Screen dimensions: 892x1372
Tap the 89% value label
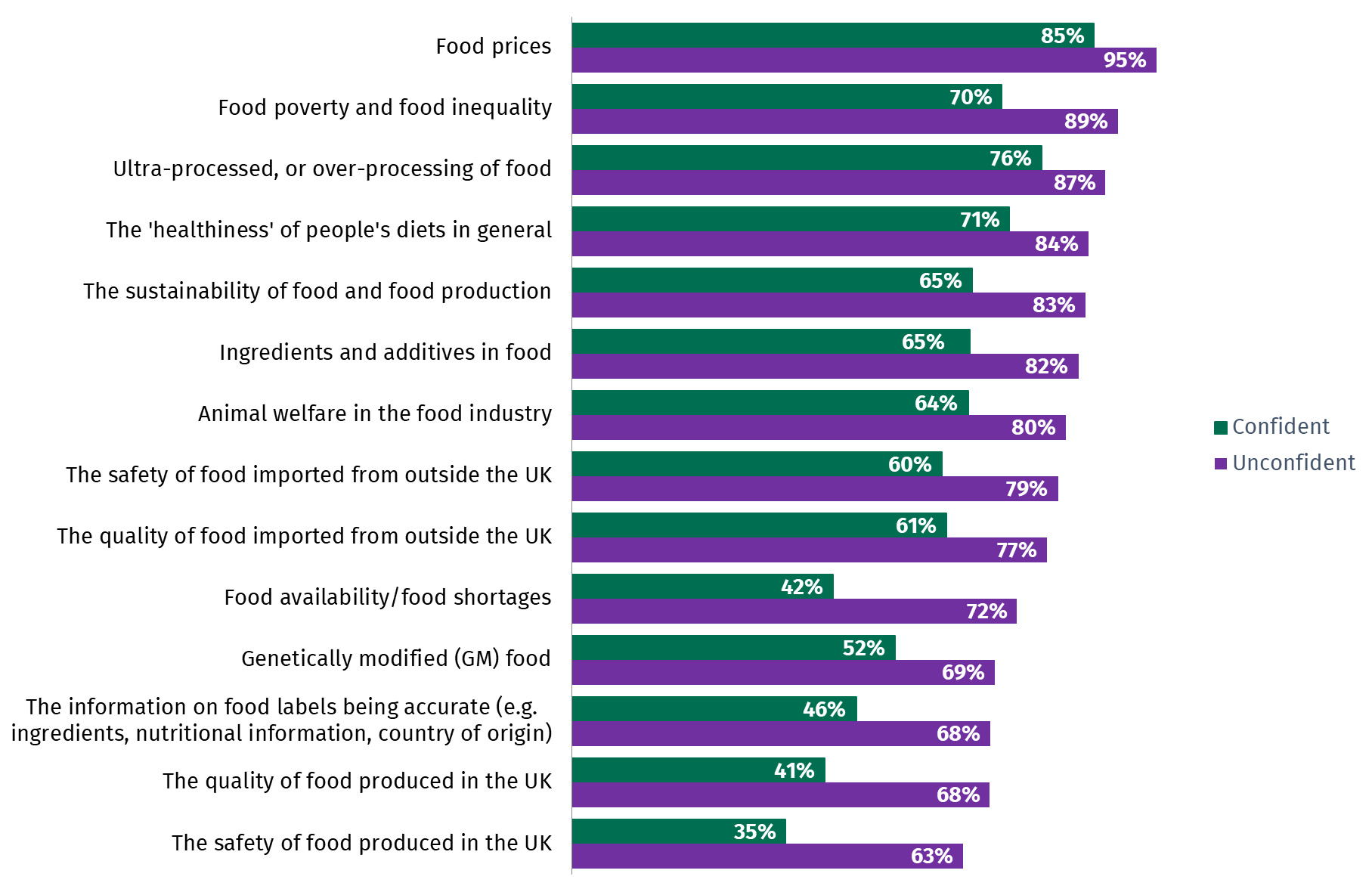tap(1086, 122)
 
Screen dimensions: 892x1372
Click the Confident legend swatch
tap(1220, 428)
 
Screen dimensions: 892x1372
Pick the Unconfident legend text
tap(1293, 463)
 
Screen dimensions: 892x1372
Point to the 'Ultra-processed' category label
tap(332, 169)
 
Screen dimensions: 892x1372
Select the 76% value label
tap(1010, 159)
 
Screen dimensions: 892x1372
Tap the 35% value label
tap(754, 832)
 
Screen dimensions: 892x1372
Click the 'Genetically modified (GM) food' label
tap(395, 658)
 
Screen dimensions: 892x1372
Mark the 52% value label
tap(863, 649)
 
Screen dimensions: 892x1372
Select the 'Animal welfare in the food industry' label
tap(375, 413)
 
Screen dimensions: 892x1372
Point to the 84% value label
tap(1056, 244)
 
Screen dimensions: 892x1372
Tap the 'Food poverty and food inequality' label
tap(385, 107)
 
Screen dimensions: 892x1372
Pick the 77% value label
tap(1016, 550)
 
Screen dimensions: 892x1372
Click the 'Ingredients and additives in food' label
tap(385, 352)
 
